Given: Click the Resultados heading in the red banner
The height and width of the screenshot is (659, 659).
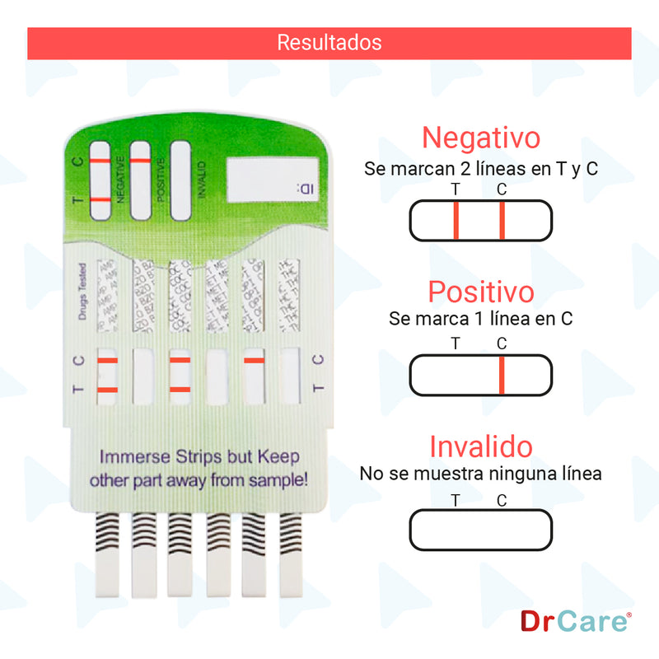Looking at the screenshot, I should (x=329, y=42).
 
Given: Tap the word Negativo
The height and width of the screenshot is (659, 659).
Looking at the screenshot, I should (x=480, y=137).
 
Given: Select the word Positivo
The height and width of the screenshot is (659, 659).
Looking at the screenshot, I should (x=480, y=292).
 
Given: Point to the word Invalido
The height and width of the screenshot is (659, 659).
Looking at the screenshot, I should (x=480, y=447).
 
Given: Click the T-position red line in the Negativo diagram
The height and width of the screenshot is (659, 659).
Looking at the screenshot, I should (x=455, y=221).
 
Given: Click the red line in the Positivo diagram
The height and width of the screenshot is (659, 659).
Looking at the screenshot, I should (x=501, y=375).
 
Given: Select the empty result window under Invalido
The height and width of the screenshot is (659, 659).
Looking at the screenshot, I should (x=480, y=530).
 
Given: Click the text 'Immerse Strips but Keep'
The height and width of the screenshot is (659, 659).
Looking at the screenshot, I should (x=199, y=456).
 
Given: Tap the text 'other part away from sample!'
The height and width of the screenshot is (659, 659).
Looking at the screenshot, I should (x=199, y=480).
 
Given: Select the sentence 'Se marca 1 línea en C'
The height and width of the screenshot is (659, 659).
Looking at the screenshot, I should (x=480, y=318).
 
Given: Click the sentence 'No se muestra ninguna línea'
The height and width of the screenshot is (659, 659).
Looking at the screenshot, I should (x=480, y=474).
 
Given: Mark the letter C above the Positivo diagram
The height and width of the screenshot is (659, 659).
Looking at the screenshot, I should (x=502, y=344).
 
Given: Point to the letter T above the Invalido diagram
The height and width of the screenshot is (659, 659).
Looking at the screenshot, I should (x=456, y=499).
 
